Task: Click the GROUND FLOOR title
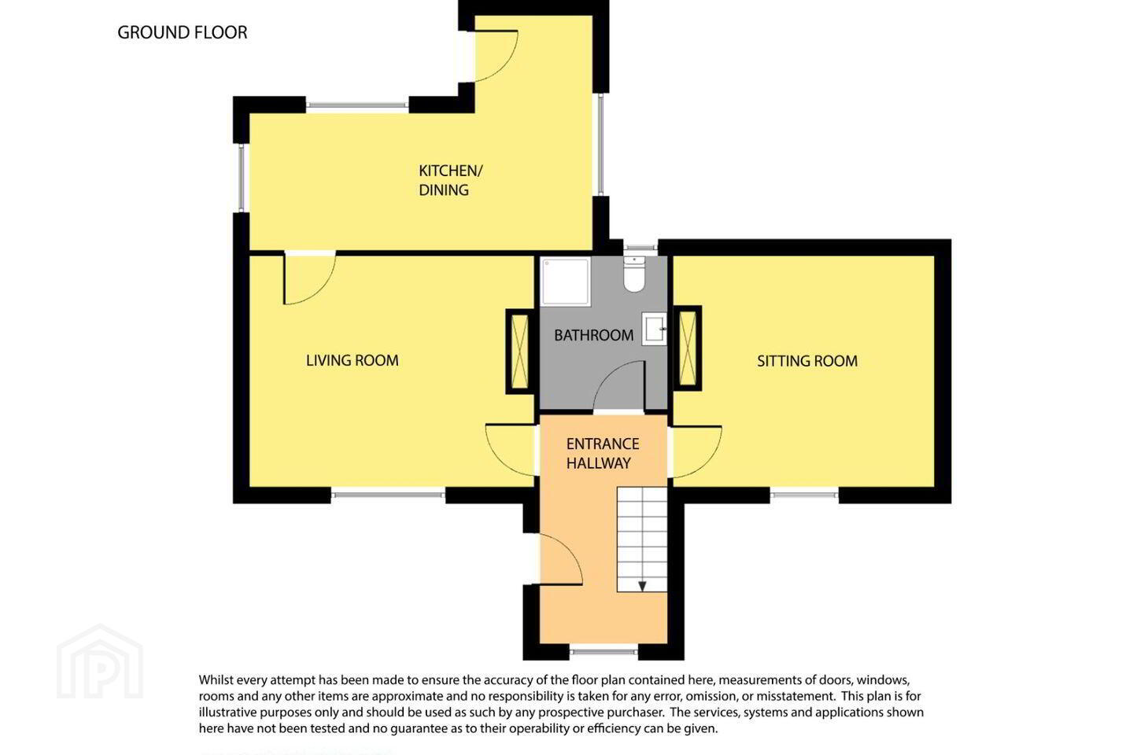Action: point(182,32)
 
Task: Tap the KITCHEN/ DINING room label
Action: point(450,180)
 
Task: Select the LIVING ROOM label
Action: point(352,360)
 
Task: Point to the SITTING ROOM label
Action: point(807,361)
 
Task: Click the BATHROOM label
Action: point(594,335)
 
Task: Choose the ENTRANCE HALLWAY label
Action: point(603,453)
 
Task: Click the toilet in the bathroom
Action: point(634,274)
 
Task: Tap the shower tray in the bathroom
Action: point(566,282)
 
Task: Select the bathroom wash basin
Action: point(654,329)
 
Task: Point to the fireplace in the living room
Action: point(520,352)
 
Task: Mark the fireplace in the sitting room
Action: point(688,348)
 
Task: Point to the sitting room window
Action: point(804,494)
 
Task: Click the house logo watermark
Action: point(100,661)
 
